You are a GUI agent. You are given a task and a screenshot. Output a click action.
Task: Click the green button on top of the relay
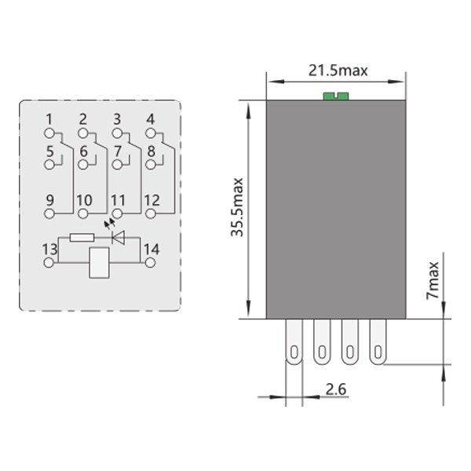pyautogui.click(x=336, y=96)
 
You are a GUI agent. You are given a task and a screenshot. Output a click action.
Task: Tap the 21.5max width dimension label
pyautogui.click(x=338, y=71)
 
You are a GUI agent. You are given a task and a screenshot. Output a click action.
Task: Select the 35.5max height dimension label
pyautogui.click(x=237, y=207)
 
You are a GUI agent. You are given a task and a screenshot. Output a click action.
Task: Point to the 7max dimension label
pyautogui.click(x=433, y=280)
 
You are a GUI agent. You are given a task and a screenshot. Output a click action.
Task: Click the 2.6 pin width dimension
pyautogui.click(x=336, y=389)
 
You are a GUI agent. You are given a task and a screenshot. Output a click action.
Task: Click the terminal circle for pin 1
pyautogui.click(x=49, y=133)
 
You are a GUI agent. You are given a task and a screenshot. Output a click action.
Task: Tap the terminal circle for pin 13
pyautogui.click(x=49, y=262)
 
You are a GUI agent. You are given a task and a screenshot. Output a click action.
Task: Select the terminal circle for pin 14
pyautogui.click(x=150, y=263)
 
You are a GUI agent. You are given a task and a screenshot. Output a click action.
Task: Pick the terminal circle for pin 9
pyautogui.click(x=49, y=214)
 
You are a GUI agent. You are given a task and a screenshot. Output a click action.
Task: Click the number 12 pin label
pyautogui.click(x=152, y=200)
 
